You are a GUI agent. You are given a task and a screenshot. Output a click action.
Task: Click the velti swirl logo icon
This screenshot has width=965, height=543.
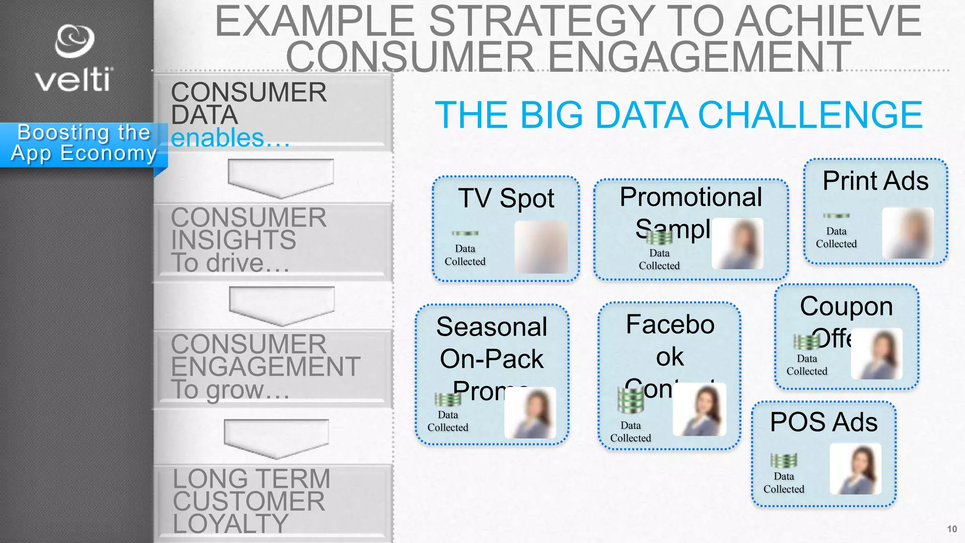[74, 41]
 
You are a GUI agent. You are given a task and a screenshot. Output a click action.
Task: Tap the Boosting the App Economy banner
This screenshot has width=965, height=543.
[83, 143]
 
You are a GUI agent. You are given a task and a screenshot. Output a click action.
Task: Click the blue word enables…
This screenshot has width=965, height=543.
[230, 138]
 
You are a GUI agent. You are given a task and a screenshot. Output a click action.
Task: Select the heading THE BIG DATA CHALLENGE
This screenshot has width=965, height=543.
[678, 115]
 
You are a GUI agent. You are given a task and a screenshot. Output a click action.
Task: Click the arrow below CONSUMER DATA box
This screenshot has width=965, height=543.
[281, 178]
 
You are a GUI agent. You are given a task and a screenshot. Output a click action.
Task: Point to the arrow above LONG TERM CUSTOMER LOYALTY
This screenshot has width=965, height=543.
[276, 438]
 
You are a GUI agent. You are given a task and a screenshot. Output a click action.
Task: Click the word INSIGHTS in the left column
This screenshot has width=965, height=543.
[233, 240]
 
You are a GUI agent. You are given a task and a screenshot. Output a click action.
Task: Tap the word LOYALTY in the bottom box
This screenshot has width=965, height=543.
[230, 524]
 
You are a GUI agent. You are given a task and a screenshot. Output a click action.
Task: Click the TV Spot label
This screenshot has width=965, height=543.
[506, 198]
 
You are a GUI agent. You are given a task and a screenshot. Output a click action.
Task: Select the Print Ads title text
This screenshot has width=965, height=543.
[875, 181]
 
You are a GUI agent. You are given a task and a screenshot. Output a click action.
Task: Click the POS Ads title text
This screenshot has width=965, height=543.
[824, 422]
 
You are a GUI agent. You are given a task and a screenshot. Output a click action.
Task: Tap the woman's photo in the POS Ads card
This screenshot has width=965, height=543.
[855, 469]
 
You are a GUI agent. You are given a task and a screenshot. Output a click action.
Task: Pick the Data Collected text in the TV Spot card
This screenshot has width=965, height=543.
[465, 255]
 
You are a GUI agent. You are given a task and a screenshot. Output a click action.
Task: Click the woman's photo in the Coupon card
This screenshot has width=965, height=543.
[877, 354]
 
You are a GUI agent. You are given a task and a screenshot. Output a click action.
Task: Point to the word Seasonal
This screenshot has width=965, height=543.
[491, 327]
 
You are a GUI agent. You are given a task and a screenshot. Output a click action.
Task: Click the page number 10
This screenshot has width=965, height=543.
[951, 529]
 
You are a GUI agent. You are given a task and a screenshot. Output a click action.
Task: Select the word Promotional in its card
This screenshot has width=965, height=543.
[690, 197]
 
